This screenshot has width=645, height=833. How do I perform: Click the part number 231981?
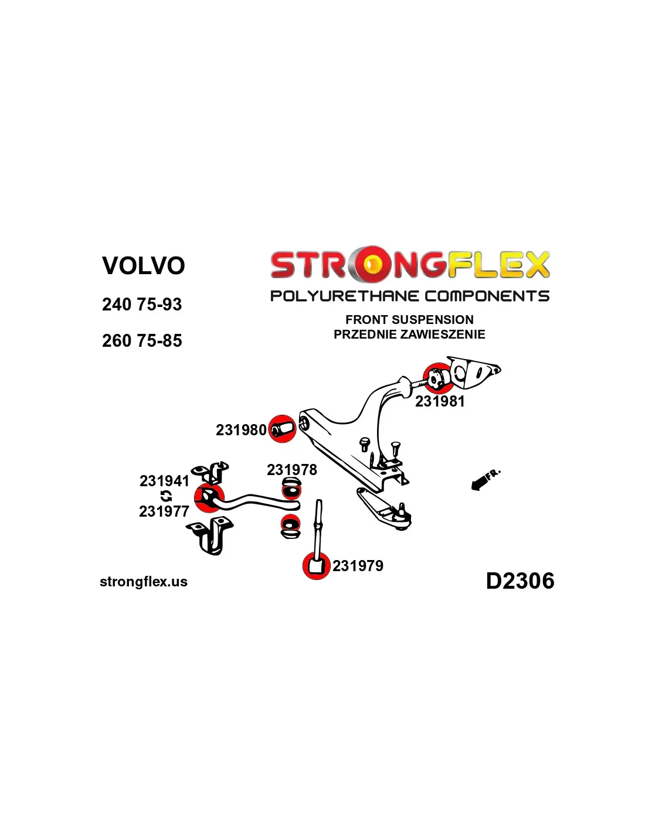pos(440,401)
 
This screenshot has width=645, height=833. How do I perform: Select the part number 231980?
pos(241,430)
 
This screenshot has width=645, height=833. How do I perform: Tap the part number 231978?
pos(291,470)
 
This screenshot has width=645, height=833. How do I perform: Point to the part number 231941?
pos(164,481)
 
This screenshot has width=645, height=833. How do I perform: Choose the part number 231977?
pos(164,511)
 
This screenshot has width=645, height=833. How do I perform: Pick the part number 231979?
pos(358,566)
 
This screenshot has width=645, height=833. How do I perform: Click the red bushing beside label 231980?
pos(283,429)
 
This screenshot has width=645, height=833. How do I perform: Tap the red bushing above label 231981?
pos(437,378)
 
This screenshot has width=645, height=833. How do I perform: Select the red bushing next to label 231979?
pos(316,566)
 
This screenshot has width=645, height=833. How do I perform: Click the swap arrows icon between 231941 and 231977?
pos(166,496)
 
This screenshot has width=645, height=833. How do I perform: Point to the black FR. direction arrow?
pos(480,482)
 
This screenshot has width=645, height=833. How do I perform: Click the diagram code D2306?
pos(520,581)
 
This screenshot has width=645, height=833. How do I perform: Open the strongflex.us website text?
pos(144,582)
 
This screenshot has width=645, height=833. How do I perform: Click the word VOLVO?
pos(144,265)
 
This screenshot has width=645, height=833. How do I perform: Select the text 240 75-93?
pos(142,305)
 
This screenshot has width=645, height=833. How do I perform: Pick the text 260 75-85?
pos(142,341)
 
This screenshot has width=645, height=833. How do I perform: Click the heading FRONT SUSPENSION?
pos(409,320)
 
